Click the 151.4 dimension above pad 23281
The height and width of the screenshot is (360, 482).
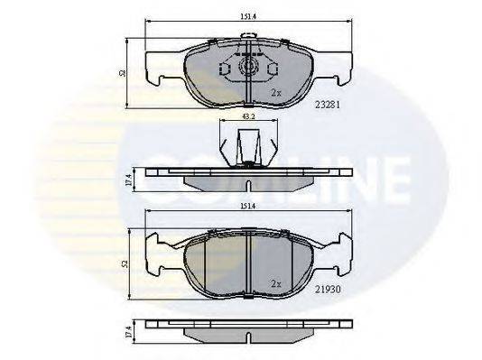coord(248,14)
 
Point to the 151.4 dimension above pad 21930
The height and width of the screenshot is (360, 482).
coord(248,205)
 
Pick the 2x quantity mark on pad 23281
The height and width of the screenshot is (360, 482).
coord(276,92)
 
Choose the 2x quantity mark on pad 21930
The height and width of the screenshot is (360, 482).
coord(276,282)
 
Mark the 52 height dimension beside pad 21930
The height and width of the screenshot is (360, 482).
coord(124,263)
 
